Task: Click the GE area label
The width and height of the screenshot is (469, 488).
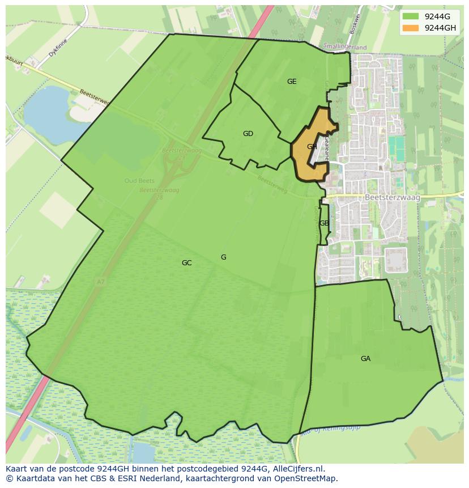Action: coord(292,82)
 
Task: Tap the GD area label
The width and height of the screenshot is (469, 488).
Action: coord(248,134)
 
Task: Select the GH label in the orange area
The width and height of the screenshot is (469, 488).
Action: coord(312,147)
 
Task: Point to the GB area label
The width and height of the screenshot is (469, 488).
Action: coord(323,223)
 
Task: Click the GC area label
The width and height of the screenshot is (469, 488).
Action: coord(186,263)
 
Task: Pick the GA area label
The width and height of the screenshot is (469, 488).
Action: coord(365,359)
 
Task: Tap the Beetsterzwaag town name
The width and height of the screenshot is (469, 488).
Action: coord(390,197)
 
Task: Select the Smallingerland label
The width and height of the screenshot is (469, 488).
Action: coord(344,48)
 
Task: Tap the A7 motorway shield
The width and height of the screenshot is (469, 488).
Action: coord(100,281)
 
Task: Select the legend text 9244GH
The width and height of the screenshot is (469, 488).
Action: coord(440,28)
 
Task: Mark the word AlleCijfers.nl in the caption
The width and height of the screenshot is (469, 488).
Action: coord(297,469)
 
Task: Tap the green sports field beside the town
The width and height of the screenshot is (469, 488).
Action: coord(397,148)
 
